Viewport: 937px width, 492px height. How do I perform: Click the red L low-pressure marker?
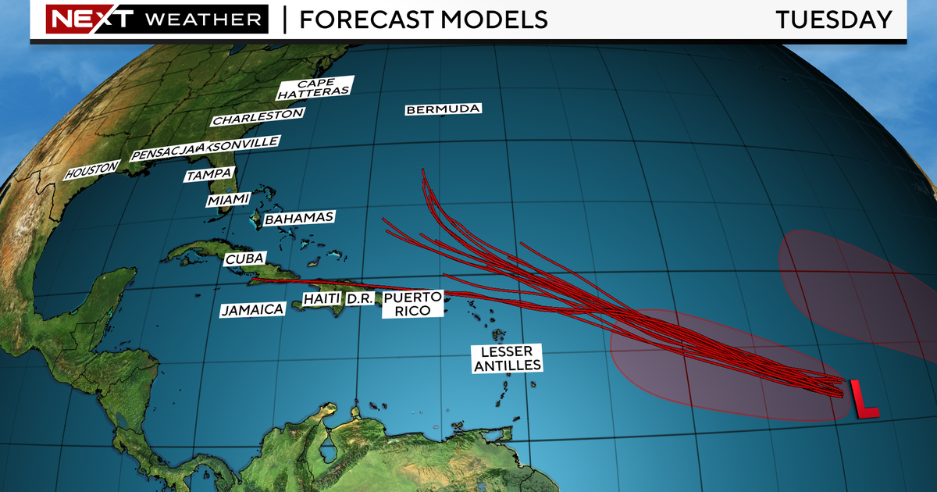coord(863,398)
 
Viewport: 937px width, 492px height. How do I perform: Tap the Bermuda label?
coord(443,109)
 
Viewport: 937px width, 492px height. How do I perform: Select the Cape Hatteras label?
coord(315,88)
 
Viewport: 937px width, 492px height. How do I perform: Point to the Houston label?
coord(92,169)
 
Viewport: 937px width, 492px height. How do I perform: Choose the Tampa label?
coord(209,176)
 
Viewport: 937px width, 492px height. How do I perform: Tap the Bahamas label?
coord(300,219)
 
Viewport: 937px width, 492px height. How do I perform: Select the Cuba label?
coord(245,259)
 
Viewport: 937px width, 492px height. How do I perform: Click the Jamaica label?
coord(251,310)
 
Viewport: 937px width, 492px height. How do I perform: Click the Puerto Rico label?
coord(413,304)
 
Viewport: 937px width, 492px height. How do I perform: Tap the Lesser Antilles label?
coord(506,358)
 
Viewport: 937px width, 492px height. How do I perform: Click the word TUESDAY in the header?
coord(833,20)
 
